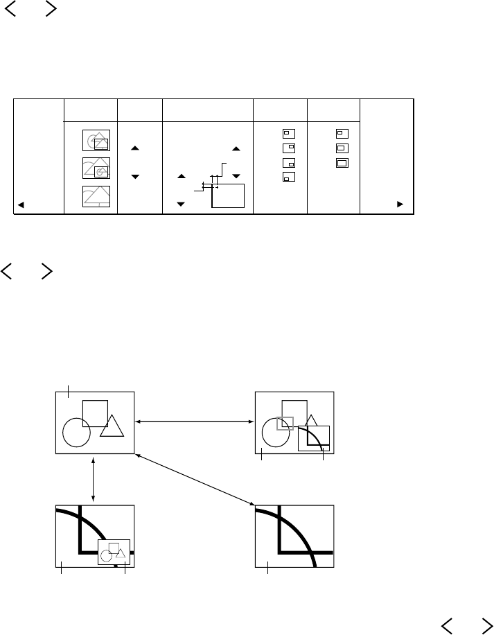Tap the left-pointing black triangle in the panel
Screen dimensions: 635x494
[x=21, y=205]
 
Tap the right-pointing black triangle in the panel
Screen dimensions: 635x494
[x=400, y=205]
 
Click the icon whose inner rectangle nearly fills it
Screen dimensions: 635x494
[x=341, y=163]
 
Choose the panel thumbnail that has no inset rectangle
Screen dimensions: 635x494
[x=96, y=196]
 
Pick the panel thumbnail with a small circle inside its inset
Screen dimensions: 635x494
[x=96, y=168]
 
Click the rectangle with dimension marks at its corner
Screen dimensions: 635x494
[x=229, y=195]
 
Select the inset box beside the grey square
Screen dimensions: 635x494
[x=313, y=438]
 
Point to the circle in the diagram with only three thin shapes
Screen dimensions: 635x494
[x=76, y=433]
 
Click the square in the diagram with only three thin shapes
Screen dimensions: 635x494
[x=95, y=414]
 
